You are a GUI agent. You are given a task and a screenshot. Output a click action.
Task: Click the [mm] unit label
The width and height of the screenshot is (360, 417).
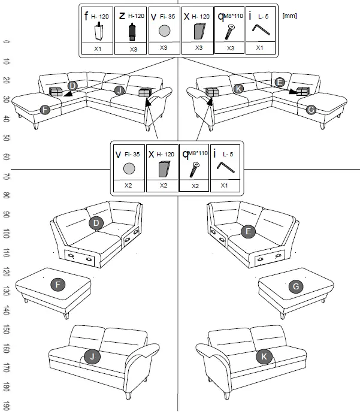[289, 16]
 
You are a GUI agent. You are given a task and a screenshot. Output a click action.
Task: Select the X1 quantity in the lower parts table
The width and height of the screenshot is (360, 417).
[225, 186]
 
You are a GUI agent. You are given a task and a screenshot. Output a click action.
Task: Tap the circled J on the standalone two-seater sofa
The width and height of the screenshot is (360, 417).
[91, 357]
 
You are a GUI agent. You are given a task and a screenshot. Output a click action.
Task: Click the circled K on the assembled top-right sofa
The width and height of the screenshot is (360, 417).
[239, 89]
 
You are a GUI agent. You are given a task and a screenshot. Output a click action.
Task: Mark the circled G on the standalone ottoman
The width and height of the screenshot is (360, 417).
[295, 287]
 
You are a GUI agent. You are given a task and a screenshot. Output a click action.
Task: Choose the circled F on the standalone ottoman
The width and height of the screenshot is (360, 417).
[58, 285]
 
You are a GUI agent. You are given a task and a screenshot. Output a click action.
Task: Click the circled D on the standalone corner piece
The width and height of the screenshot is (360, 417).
[94, 223]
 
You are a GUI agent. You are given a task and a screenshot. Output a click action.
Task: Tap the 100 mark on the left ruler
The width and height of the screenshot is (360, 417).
[6, 232]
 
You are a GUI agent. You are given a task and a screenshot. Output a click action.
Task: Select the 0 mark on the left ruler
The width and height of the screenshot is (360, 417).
[6, 42]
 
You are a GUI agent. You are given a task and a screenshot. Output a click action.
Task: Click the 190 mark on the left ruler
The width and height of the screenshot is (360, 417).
[6, 406]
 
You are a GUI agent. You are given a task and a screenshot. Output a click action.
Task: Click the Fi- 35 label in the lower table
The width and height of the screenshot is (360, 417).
[131, 154]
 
